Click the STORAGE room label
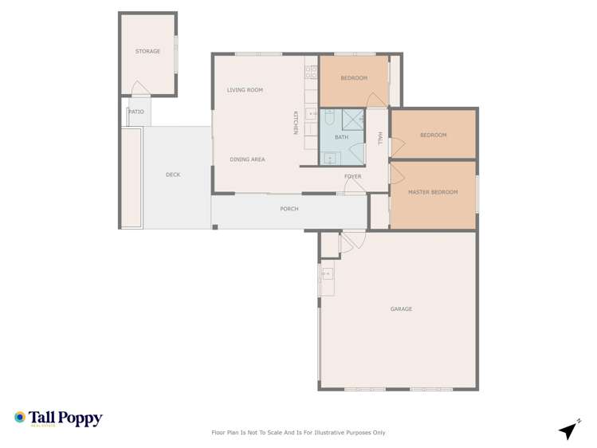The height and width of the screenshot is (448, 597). point(147,51)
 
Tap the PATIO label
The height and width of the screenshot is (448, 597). point(136,112)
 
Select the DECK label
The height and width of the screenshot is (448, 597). point(173,175)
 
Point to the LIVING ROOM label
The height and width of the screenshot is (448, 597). point(245,90)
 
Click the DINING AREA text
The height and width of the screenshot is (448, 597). point(247,159)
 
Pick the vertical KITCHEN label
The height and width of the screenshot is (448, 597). point(295,122)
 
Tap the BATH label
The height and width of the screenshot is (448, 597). point(341,137)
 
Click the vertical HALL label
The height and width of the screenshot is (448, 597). point(380,138)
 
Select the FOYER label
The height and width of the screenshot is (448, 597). point(352,176)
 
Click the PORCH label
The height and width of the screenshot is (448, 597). point(289,209)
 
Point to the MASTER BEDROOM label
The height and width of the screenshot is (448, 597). point(433,192)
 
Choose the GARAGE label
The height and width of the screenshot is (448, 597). point(401,308)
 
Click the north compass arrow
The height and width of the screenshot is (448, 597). point(568,430)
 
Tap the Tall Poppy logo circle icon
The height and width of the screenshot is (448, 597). point(20,417)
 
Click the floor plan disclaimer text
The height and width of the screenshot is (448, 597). point(298,433)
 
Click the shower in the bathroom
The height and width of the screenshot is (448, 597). point(353,120)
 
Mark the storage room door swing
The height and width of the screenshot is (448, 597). point(140,88)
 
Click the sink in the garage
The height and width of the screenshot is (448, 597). point(327,274)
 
